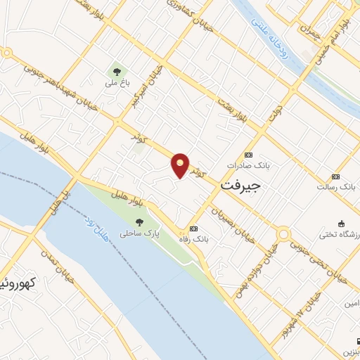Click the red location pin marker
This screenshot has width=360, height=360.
click(181, 165)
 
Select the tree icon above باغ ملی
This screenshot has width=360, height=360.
click(115, 70)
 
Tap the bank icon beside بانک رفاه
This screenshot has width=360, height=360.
click(193, 229)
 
